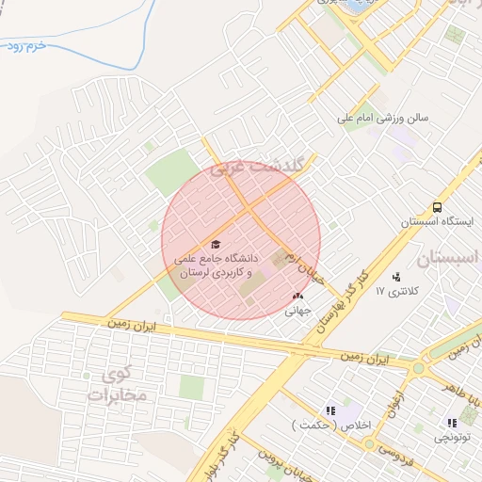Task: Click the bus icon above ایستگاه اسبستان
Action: [x=437, y=207]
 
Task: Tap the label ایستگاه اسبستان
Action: [x=436, y=222]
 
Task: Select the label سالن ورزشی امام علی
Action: [x=384, y=120]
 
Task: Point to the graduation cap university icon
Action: [x=215, y=245]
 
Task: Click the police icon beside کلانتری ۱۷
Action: [x=396, y=277]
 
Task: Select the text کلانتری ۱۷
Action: [x=393, y=293]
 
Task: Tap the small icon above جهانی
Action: [x=298, y=296]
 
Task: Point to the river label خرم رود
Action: [x=25, y=46]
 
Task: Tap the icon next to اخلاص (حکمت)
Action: [x=329, y=410]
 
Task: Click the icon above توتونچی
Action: [x=452, y=423]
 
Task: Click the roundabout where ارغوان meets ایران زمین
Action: [x=418, y=363]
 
